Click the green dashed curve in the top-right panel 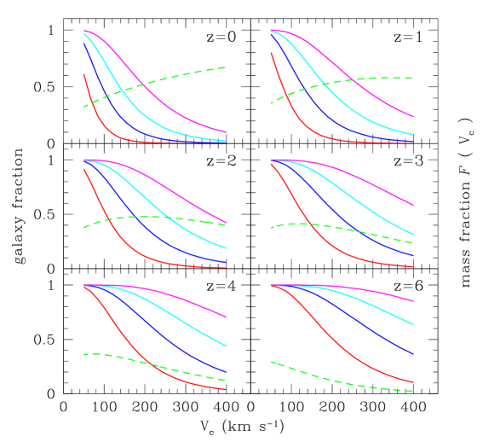(375, 79)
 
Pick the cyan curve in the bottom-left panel (170, 311)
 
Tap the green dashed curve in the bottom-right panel (341, 381)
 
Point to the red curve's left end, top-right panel (272, 53)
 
